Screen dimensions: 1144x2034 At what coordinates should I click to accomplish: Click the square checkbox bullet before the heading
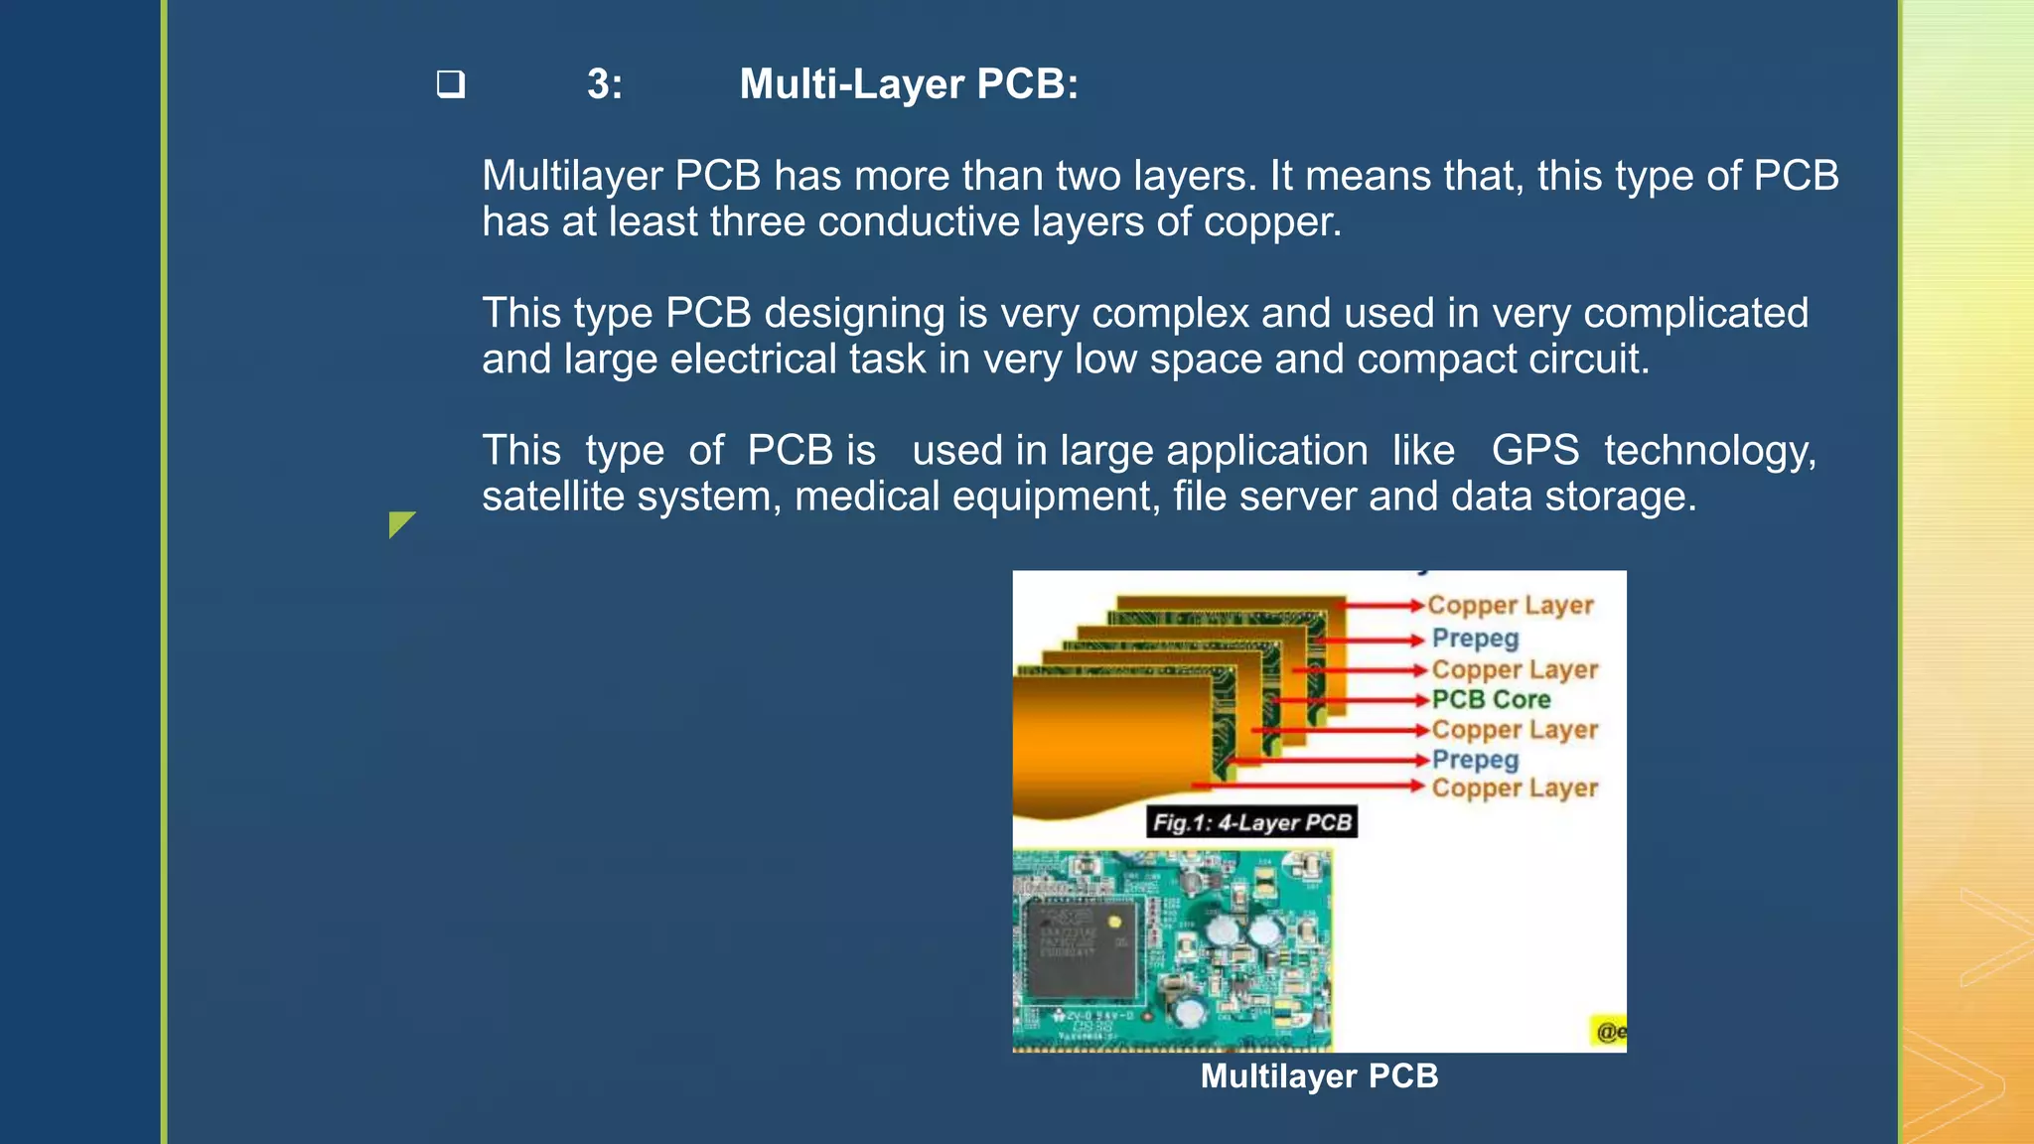pyautogui.click(x=451, y=83)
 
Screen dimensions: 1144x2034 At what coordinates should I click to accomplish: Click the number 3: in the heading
pyautogui.click(x=604, y=84)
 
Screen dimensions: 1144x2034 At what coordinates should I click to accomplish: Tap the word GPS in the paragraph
pyautogui.click(x=1534, y=451)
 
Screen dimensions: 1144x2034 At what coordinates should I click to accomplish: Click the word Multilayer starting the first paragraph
pyautogui.click(x=572, y=176)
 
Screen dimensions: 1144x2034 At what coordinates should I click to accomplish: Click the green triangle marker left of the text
pyautogui.click(x=400, y=523)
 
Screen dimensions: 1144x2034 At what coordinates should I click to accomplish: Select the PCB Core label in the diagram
pyautogui.click(x=1491, y=700)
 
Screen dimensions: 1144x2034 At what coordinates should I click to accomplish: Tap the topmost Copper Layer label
pyautogui.click(x=1510, y=606)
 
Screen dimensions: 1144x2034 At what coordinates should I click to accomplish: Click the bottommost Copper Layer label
pyautogui.click(x=1515, y=788)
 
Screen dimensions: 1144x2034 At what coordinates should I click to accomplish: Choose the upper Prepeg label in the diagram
pyautogui.click(x=1475, y=639)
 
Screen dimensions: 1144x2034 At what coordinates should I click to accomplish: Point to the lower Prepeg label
pyautogui.click(x=1475, y=760)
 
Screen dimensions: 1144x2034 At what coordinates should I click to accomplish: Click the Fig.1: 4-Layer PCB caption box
pyautogui.click(x=1251, y=822)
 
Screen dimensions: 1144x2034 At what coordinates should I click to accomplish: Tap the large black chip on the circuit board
pyautogui.click(x=1081, y=947)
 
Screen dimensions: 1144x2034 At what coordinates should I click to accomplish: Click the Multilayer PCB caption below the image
pyautogui.click(x=1319, y=1076)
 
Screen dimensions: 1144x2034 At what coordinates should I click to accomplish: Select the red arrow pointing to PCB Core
pyautogui.click(x=1351, y=700)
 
